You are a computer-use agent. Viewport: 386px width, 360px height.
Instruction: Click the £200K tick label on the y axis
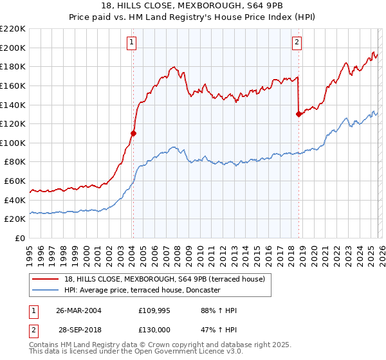pos(13,48)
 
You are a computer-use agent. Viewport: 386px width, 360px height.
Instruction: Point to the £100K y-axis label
pos(13,143)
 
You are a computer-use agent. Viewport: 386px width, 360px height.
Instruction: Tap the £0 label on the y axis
pos(19,239)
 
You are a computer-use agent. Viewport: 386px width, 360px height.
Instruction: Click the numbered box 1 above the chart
pos(131,43)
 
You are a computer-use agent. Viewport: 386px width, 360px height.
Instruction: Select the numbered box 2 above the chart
pos(297,43)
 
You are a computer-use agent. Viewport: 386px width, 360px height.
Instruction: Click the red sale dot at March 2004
pos(134,134)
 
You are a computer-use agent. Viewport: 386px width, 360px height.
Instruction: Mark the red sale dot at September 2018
pos(299,114)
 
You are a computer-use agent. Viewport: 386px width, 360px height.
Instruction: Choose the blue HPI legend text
pos(142,291)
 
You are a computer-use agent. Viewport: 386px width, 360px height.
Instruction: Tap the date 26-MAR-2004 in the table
pos(78,310)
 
